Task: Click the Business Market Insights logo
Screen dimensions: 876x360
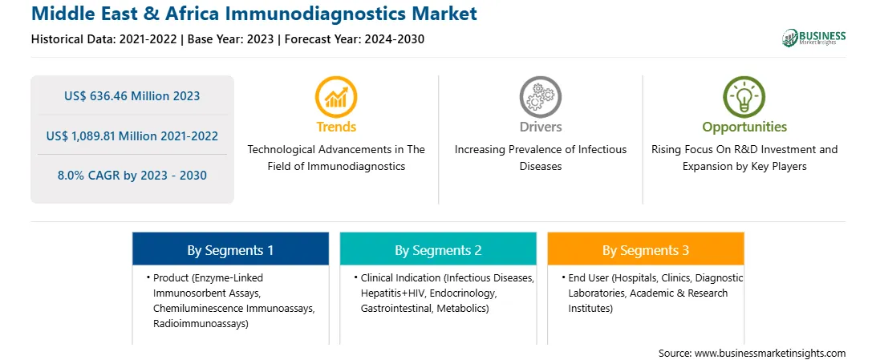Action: click(814, 38)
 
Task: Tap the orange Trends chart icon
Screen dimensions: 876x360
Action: click(336, 96)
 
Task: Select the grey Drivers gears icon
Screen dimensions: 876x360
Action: click(540, 96)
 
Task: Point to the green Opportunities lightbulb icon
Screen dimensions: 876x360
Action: click(744, 96)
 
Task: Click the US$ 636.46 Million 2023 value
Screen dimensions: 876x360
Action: click(132, 95)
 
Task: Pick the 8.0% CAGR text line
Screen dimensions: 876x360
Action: click(132, 176)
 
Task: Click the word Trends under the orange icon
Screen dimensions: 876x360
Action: click(336, 127)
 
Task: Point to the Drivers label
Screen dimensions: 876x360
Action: click(540, 127)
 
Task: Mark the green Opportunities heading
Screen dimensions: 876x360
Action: click(744, 127)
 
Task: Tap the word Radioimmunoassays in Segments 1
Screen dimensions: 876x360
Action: click(201, 323)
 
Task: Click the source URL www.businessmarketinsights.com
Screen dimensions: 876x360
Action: click(770, 353)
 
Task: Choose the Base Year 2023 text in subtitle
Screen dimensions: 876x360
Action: click(231, 39)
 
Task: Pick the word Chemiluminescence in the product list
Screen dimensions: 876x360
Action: click(194, 308)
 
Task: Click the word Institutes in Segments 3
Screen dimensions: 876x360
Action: click(590, 308)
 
